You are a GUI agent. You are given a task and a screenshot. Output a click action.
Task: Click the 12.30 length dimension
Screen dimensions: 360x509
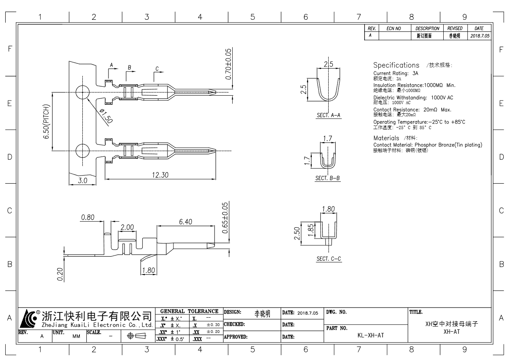pyautogui.click(x=161, y=175)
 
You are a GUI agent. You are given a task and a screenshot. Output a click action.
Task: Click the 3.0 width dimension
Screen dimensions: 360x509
pyautogui.click(x=83, y=181)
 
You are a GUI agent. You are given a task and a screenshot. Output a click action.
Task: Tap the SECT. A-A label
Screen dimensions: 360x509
pyautogui.click(x=329, y=115)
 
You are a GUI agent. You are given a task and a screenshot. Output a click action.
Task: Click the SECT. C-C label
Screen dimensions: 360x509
pyautogui.click(x=329, y=259)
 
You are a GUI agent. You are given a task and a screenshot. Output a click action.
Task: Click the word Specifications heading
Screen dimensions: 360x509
pyautogui.click(x=396, y=65)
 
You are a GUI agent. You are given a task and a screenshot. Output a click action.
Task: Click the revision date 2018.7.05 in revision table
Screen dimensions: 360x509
pyautogui.click(x=480, y=36)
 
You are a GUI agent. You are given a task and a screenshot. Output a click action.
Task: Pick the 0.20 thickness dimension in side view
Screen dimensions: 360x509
pyautogui.click(x=60, y=274)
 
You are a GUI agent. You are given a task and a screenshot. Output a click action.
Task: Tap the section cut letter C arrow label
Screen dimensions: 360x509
pyautogui.click(x=156, y=68)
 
